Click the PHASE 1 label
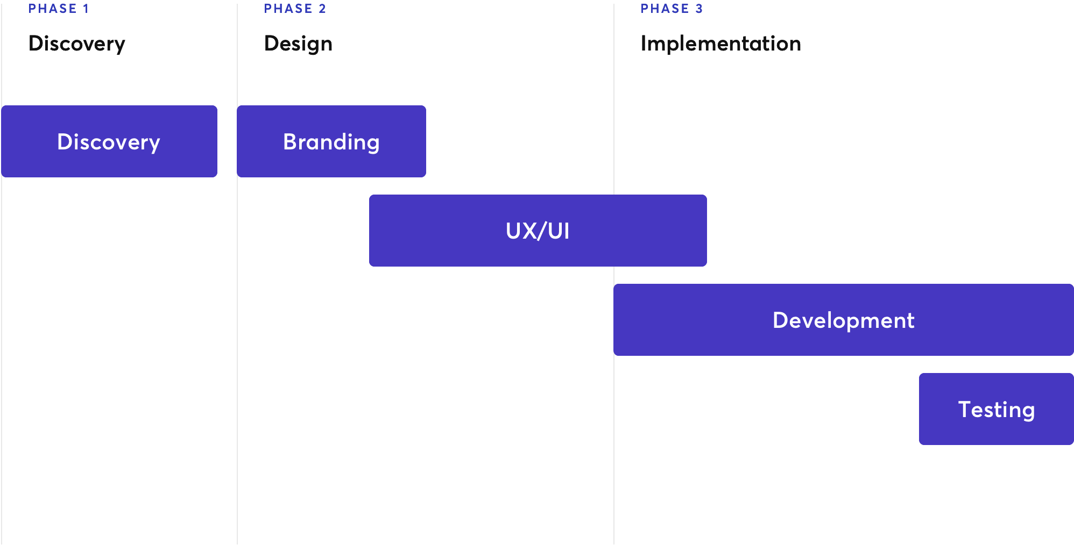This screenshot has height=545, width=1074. pos(59,9)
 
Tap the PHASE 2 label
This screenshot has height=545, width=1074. pos(295,9)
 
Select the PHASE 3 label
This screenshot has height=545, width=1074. pos(672,9)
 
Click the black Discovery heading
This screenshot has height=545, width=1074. pos(77,44)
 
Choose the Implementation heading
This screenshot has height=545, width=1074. pos(720,44)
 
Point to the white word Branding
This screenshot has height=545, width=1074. pos(331,142)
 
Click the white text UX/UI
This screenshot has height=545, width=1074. pos(538,231)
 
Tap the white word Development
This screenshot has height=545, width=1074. pos(843,321)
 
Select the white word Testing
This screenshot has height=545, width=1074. pos(997,410)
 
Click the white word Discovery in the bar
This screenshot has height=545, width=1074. pos(109,142)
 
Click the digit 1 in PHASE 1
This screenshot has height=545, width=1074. pos(86,9)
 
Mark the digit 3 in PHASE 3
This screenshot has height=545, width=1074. pos(699,9)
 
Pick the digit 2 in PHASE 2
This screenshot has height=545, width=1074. pos(322,9)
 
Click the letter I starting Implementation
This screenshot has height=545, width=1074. pos(644,44)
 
